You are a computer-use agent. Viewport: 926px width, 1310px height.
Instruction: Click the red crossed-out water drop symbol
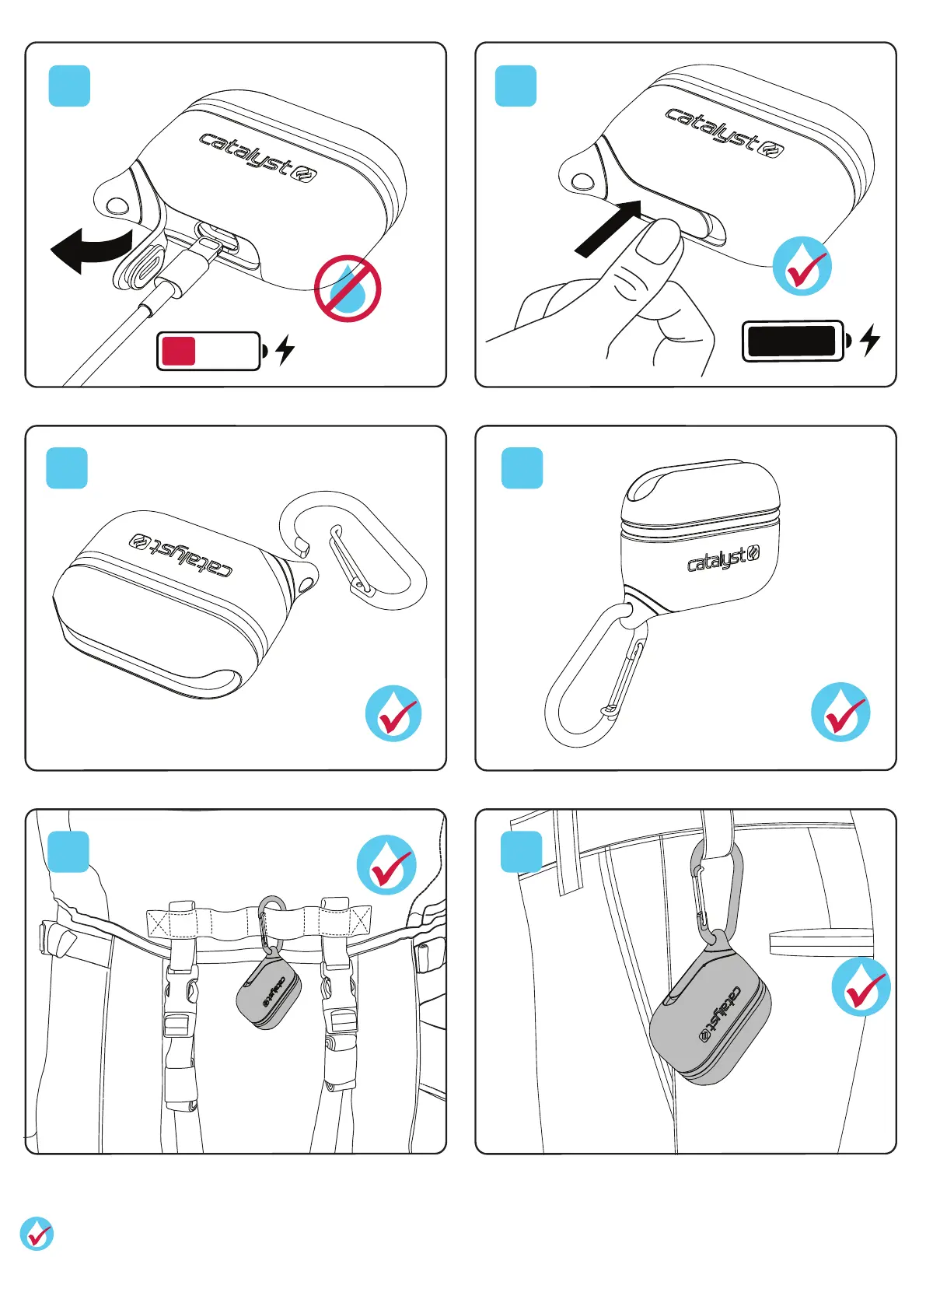pos(348,289)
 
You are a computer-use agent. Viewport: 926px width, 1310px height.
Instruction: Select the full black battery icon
pos(797,341)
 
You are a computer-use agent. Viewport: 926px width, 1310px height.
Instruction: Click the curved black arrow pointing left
pos(91,249)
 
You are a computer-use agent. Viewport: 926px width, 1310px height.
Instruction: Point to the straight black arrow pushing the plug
pos(608,229)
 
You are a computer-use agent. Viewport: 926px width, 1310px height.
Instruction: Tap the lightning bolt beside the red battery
pos(285,350)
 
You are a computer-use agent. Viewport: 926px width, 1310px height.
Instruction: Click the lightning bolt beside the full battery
pos(871,339)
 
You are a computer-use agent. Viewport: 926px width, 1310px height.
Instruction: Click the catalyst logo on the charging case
pos(258,157)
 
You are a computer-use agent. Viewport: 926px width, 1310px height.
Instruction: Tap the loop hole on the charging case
pos(118,205)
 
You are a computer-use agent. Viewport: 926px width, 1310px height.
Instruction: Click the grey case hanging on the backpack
pos(268,994)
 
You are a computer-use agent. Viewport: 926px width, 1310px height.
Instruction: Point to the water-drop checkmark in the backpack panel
pos(386,864)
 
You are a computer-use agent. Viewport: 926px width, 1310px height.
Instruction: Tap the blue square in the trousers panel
pos(522,852)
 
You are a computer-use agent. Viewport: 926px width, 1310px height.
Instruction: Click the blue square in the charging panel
pos(69,86)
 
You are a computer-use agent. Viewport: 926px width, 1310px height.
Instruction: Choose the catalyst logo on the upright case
pos(724,559)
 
